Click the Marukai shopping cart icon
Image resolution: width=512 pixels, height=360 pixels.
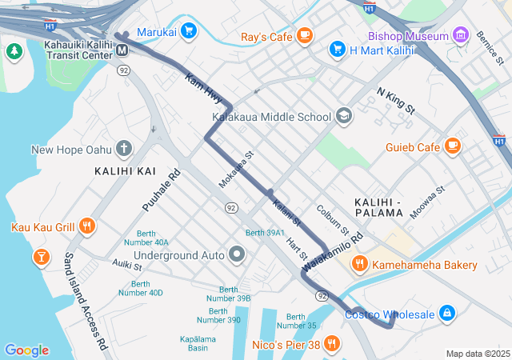point(189,31)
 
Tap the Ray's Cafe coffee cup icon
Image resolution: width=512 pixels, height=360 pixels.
point(304,35)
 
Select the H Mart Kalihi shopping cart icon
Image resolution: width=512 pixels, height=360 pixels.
point(338,49)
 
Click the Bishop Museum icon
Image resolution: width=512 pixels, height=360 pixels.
point(460,35)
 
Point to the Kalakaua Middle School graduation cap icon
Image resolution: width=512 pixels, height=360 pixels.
point(343,116)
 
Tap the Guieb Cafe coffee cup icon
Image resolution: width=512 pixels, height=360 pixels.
point(453,146)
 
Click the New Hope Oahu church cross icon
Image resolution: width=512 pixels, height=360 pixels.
point(123,148)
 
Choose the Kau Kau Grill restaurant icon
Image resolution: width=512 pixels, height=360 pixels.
point(87,226)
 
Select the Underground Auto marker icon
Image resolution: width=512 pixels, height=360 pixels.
point(237,255)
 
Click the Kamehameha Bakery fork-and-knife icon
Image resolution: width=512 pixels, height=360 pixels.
point(360,264)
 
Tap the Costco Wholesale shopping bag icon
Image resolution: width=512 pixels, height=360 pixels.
point(446,314)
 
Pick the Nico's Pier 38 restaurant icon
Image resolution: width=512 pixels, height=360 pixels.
point(332,345)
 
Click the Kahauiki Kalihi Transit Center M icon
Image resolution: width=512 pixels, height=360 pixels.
point(123,50)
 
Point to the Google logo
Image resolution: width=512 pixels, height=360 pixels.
point(26,350)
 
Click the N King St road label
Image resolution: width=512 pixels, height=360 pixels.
point(396,102)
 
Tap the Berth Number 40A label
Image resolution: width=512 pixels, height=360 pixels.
point(146,238)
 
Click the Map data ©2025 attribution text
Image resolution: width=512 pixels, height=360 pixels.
point(477,354)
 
